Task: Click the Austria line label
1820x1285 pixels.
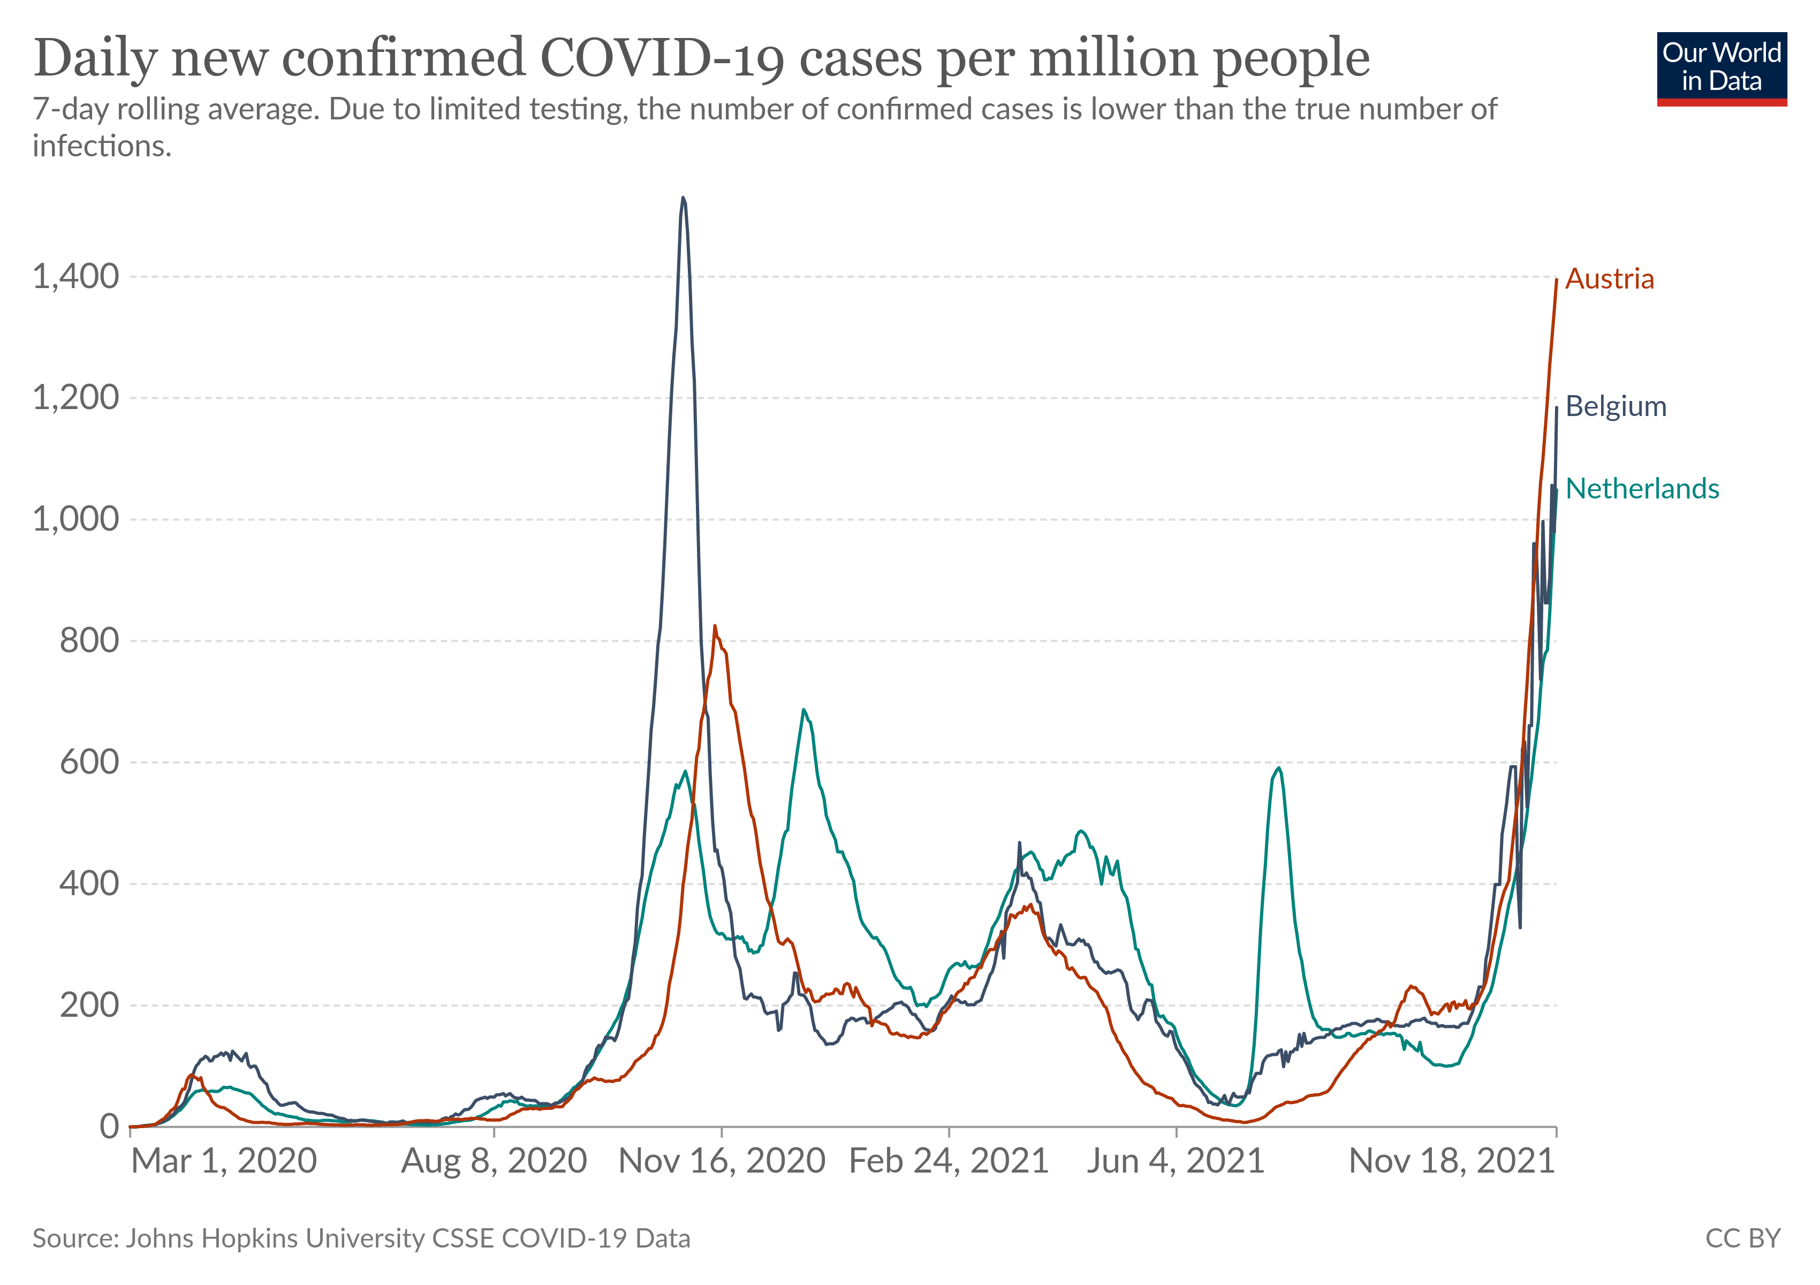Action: point(1609,279)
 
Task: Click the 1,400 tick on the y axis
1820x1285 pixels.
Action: point(75,277)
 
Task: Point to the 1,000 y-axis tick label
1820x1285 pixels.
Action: point(75,519)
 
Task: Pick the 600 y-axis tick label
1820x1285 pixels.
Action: point(89,762)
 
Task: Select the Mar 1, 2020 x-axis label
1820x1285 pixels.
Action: point(224,1161)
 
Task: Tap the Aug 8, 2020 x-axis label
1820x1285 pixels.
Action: point(494,1161)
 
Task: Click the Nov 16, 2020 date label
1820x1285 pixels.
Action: point(722,1161)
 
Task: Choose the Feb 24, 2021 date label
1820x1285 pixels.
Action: point(949,1161)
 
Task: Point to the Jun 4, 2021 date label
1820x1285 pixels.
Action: point(1176,1161)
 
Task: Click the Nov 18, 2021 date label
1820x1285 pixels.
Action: point(1451,1161)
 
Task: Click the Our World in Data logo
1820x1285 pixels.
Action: point(1722,68)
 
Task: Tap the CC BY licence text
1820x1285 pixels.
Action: point(1742,1238)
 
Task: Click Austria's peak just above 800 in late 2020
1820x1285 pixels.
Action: point(715,626)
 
